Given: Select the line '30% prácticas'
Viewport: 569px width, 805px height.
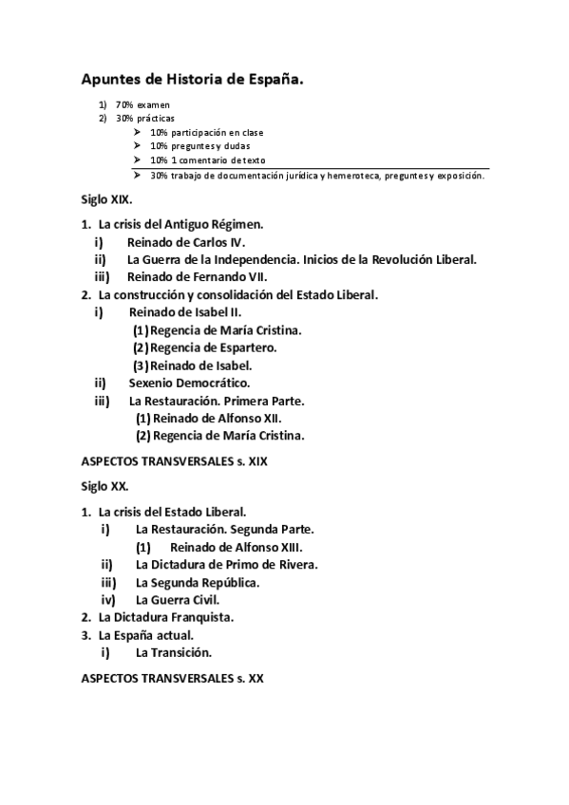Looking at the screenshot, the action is coord(145,118).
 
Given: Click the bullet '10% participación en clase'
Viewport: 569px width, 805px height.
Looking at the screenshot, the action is coord(206,132).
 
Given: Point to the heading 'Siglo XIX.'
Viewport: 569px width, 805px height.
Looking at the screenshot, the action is coord(106,201).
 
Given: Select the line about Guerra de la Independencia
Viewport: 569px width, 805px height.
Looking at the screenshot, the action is coord(301,259).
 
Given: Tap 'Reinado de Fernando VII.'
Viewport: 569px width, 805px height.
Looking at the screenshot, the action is coord(198,277).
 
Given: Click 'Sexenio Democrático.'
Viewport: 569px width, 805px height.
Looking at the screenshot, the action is coord(189,384).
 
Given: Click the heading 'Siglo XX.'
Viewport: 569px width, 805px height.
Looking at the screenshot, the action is coord(104,486).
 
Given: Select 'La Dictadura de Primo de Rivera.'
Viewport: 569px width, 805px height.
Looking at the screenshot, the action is coord(226,565).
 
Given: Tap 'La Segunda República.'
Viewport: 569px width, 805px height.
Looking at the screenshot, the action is coord(198,582).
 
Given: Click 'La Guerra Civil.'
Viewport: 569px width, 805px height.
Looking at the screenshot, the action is coord(178,600).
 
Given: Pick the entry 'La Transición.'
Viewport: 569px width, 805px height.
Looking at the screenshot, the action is coord(173,653).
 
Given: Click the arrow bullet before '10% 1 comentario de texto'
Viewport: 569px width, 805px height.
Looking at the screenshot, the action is coord(138,159).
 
